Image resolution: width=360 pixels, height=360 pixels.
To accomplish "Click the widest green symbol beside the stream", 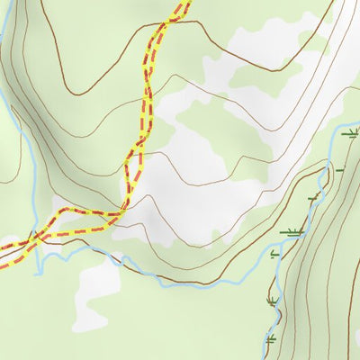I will (290, 232).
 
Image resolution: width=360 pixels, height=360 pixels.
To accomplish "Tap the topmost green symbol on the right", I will (351, 132).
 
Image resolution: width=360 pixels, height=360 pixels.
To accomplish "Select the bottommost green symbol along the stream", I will (270, 339).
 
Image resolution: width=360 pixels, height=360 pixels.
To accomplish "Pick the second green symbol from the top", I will (339, 168).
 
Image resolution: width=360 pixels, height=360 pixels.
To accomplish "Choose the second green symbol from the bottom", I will (272, 300).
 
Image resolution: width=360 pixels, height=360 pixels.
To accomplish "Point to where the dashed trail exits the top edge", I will (182, 3).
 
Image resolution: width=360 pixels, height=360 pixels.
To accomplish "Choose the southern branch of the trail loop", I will (81, 235).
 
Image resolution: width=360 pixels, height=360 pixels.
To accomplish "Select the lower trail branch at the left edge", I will (4, 264).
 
